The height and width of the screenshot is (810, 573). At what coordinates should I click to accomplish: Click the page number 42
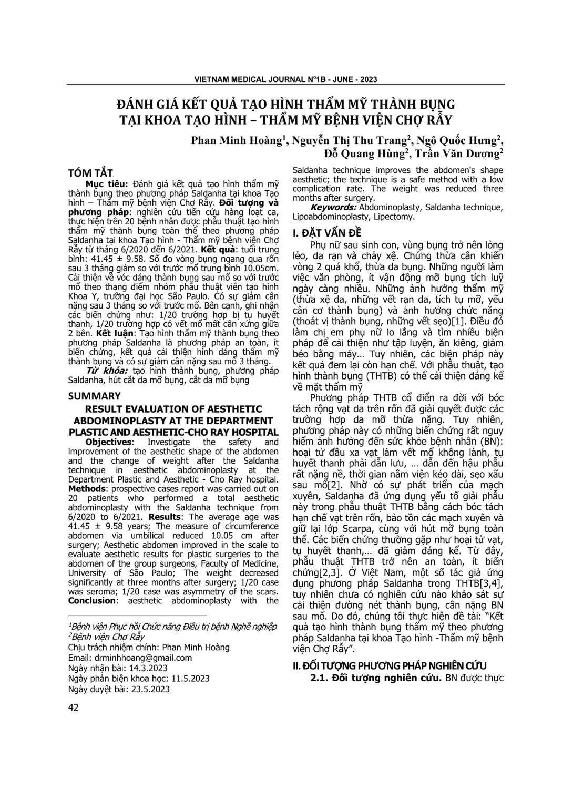tap(74, 708)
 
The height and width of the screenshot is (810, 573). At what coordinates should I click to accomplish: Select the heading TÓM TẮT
tap(91, 173)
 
